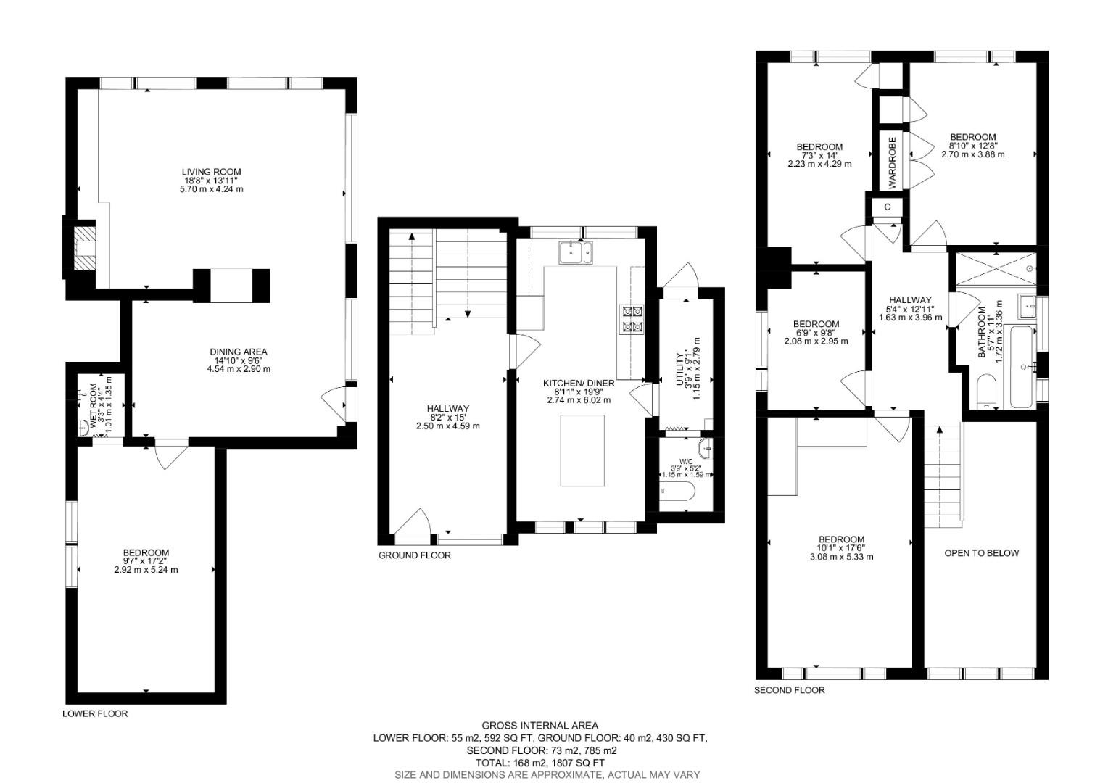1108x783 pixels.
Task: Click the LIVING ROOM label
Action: click(211, 172)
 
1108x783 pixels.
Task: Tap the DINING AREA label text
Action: click(238, 352)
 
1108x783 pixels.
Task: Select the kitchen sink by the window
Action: click(576, 252)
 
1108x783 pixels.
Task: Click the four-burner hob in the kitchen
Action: click(632, 319)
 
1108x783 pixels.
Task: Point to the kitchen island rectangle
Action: click(582, 450)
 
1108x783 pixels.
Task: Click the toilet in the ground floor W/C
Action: click(677, 492)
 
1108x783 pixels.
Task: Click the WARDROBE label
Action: click(892, 162)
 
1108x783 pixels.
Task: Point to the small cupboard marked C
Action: click(888, 207)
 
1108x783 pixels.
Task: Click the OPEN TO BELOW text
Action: click(981, 553)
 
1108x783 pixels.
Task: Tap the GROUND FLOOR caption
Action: click(414, 555)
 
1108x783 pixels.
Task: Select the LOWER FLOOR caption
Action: click(95, 713)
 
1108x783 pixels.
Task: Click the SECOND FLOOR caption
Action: click(789, 690)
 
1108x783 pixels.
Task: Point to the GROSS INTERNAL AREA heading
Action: click(539, 725)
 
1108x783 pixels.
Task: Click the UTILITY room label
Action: click(681, 369)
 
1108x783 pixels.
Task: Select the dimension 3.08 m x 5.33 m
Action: click(841, 557)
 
